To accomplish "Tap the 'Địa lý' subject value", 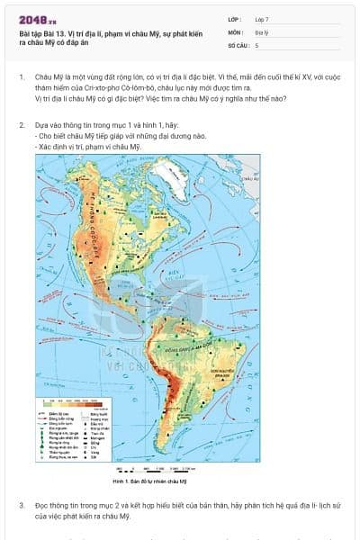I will coord(263,31).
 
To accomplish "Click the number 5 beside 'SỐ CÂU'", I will coord(257,43).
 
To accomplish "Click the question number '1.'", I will coord(22,79).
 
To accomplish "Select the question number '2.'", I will coord(22,127).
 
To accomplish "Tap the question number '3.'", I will coord(22,506).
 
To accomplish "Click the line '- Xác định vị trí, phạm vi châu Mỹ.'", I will coord(88,146).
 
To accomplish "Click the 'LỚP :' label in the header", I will coord(235,18).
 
